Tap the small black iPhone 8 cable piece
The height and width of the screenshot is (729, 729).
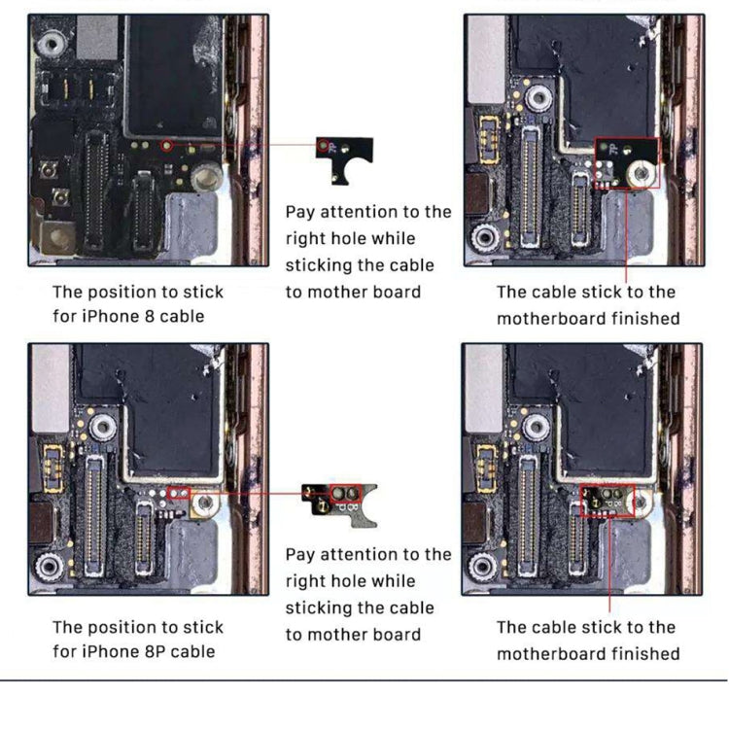345,159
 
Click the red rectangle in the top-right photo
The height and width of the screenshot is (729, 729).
627,162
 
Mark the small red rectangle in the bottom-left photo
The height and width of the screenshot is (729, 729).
179,494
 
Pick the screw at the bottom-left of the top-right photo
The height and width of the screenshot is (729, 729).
485,236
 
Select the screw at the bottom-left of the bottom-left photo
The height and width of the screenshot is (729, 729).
50,568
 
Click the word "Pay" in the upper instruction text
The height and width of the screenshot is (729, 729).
302,212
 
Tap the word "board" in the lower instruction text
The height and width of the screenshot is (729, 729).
398,635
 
